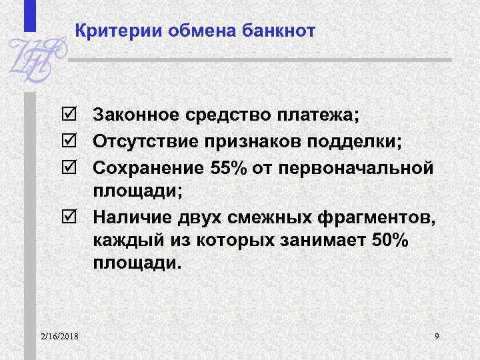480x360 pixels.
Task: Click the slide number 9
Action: coord(436,335)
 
